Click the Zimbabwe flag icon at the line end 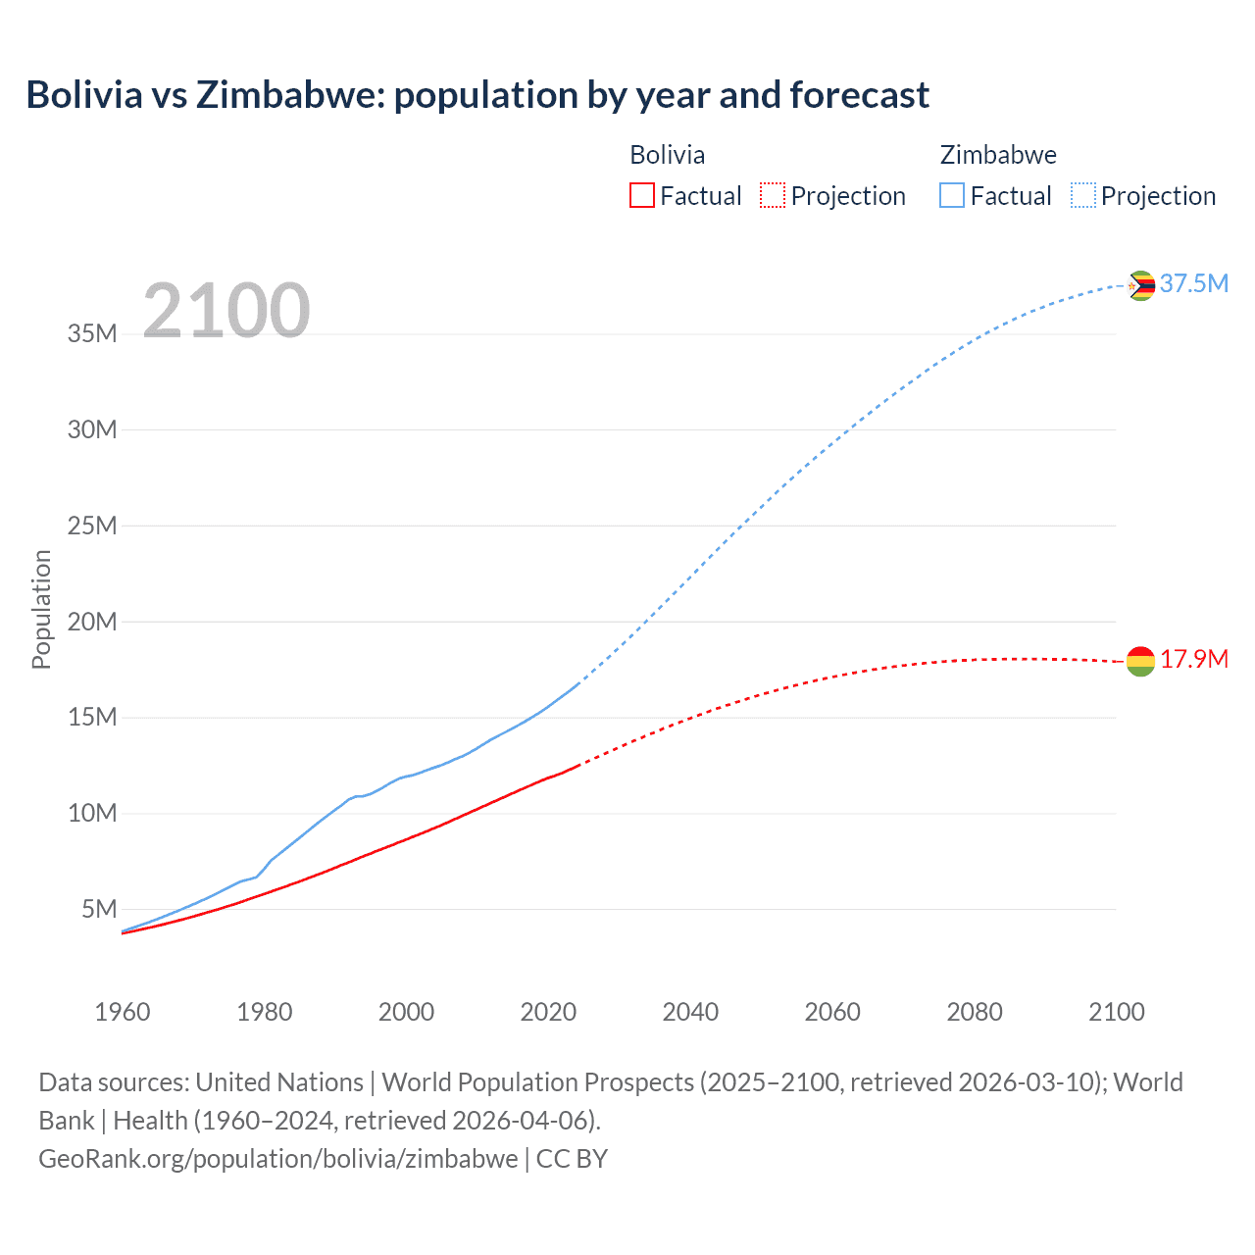pyautogui.click(x=1140, y=285)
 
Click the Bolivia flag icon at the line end pyautogui.click(x=1140, y=662)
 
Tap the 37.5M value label pyautogui.click(x=1193, y=284)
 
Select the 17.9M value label pyautogui.click(x=1193, y=660)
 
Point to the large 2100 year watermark pyautogui.click(x=226, y=311)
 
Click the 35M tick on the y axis pyautogui.click(x=92, y=334)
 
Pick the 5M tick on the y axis pyautogui.click(x=99, y=910)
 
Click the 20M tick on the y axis pyautogui.click(x=92, y=622)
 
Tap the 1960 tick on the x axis pyautogui.click(x=123, y=1012)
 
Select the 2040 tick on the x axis pyautogui.click(x=690, y=1012)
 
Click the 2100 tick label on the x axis pyautogui.click(x=1116, y=1012)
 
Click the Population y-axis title pyautogui.click(x=41, y=609)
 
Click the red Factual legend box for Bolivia pyautogui.click(x=641, y=196)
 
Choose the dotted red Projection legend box pyautogui.click(x=773, y=196)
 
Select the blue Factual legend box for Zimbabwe pyautogui.click(x=951, y=196)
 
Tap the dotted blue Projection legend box pyautogui.click(x=1083, y=196)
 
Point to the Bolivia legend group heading pyautogui.click(x=667, y=155)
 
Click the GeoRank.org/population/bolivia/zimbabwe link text pyautogui.click(x=277, y=1159)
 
